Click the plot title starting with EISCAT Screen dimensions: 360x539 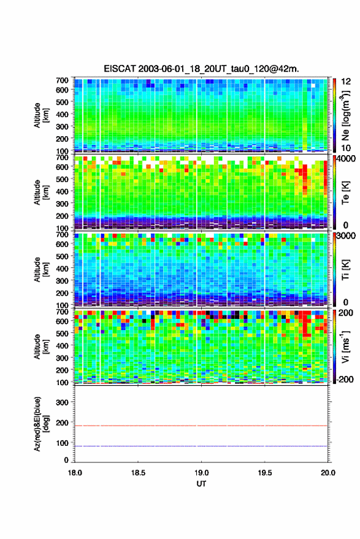tap(201, 69)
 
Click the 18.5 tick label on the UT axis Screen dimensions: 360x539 tap(138, 473)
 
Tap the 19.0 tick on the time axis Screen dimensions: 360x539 tap(201, 473)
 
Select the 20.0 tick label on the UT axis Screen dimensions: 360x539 tap(327, 473)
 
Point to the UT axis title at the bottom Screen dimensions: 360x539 tap(201, 484)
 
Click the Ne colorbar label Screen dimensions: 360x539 tap(345, 115)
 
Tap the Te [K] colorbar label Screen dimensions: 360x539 tap(345, 193)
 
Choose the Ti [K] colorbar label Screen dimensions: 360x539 tap(345, 270)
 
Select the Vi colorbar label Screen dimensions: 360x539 tap(345, 346)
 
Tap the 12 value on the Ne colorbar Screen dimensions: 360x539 tap(346, 82)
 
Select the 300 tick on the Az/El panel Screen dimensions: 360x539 tap(63, 402)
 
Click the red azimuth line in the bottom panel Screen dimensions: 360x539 tap(201, 426)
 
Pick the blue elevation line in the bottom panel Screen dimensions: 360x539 tap(201, 446)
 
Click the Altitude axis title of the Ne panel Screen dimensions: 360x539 tap(41, 115)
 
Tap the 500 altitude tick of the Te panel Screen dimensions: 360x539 tap(62, 179)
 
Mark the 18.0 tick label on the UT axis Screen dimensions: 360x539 tap(75, 473)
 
